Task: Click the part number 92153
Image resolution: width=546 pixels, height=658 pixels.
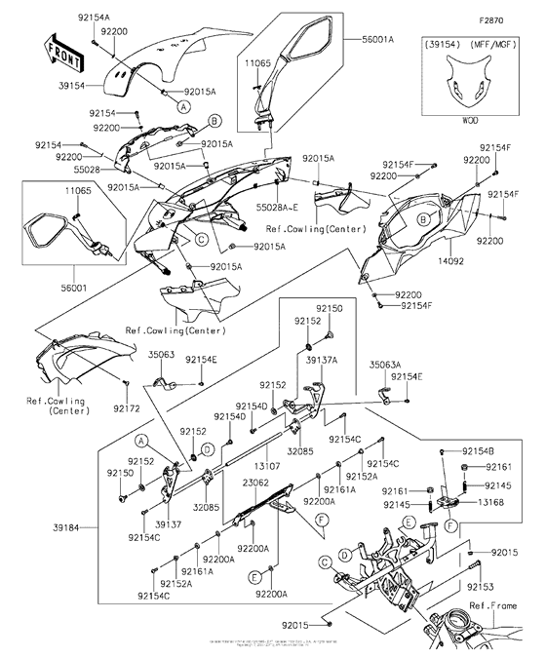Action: click(x=481, y=587)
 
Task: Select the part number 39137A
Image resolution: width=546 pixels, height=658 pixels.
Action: click(x=321, y=361)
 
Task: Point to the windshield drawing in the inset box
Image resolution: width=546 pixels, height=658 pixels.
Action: click(x=469, y=86)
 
